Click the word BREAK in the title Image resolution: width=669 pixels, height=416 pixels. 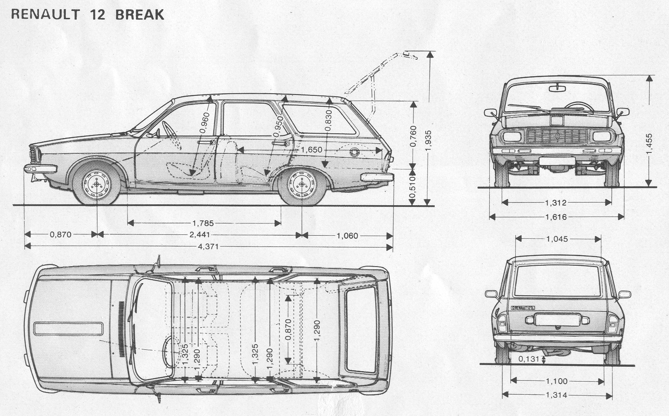click(x=140, y=14)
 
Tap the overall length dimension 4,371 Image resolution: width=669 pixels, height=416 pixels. click(x=208, y=247)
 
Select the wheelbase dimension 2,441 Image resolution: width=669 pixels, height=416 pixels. click(x=199, y=235)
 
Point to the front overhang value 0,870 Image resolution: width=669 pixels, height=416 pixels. click(x=61, y=234)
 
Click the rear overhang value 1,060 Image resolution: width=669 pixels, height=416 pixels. click(x=347, y=236)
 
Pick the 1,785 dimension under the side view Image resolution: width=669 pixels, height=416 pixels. click(x=203, y=223)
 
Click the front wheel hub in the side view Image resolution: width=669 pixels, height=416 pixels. click(x=96, y=184)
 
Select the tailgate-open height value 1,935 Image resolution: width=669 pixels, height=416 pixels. click(x=429, y=141)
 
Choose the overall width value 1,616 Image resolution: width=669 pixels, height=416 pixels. click(x=556, y=217)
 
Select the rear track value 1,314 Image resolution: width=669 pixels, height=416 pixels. click(x=557, y=395)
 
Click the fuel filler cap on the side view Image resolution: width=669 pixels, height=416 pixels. click(x=355, y=153)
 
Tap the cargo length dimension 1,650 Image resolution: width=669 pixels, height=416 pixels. click(x=312, y=150)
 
